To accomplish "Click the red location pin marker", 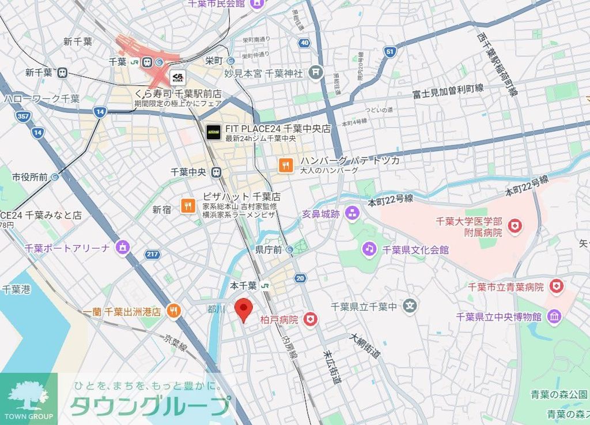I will tap(244, 310).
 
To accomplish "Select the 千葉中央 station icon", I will tap(216, 172).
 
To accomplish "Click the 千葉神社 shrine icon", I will tap(315, 73).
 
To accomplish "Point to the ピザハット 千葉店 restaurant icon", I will tap(188, 205).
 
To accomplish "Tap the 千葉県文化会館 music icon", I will tap(369, 249).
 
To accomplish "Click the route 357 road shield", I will tap(23, 116).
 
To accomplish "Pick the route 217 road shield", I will tap(153, 254).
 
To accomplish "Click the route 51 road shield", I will tap(390, 52).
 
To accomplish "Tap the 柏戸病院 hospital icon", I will tap(311, 319).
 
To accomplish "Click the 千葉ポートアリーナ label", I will tap(67, 248).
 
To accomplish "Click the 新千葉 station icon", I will tap(62, 73).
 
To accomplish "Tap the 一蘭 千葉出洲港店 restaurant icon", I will tap(173, 311).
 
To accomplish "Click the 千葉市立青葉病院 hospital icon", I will tap(555, 286).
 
